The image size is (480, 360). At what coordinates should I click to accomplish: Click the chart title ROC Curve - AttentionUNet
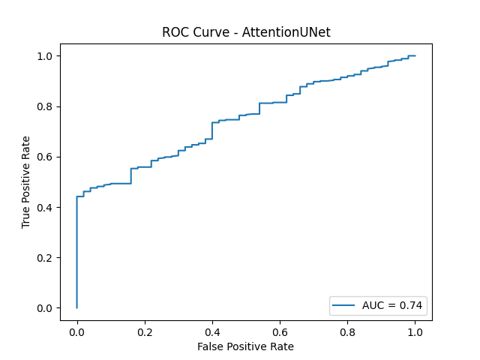click(x=246, y=33)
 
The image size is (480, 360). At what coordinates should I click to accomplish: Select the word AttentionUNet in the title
click(x=286, y=33)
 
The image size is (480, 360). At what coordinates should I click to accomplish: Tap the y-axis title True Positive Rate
click(x=26, y=181)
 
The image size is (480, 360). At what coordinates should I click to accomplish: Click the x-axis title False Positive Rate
click(x=246, y=346)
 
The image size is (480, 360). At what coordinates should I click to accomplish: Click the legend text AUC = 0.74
click(x=392, y=305)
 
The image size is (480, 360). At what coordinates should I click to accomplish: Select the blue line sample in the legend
click(x=346, y=305)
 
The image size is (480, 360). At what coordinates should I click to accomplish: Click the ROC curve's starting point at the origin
click(x=76, y=307)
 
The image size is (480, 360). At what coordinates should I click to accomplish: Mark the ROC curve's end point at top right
click(x=415, y=55)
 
